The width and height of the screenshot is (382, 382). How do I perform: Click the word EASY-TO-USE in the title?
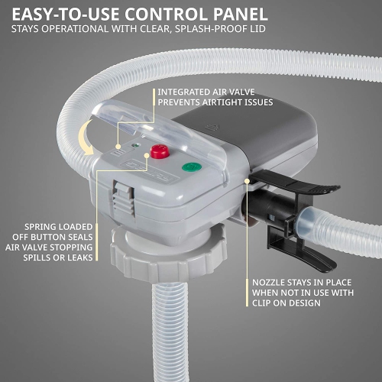[67, 14]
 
